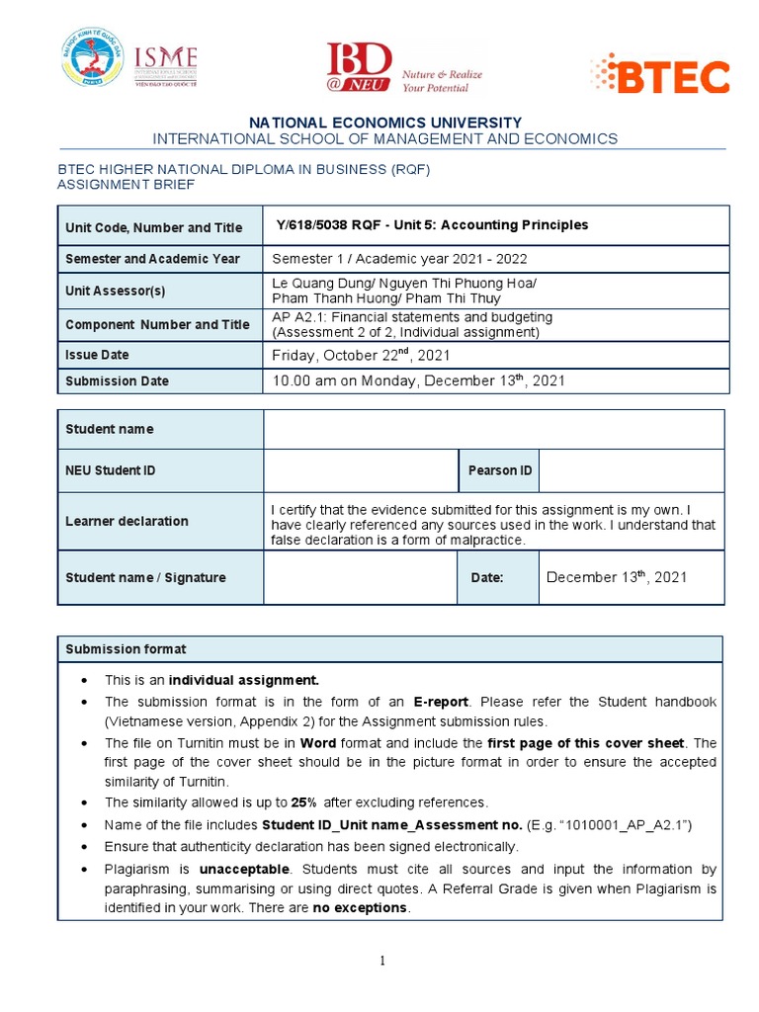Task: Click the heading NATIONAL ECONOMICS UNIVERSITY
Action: (x=385, y=122)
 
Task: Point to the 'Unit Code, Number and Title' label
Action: (x=153, y=227)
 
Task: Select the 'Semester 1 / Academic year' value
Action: (x=399, y=259)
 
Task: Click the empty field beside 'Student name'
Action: (x=494, y=429)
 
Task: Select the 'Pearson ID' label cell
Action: (x=499, y=470)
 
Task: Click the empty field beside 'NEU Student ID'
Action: (x=360, y=470)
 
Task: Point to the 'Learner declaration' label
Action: (x=126, y=521)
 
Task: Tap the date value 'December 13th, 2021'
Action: (x=616, y=577)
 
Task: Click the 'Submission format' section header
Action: (x=126, y=649)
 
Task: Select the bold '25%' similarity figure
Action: (x=303, y=802)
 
